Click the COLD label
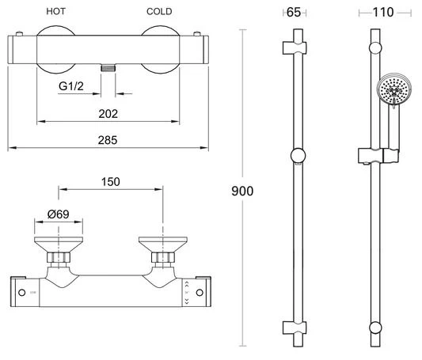(161, 13)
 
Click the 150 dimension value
(111, 181)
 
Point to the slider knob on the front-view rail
(298, 155)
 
